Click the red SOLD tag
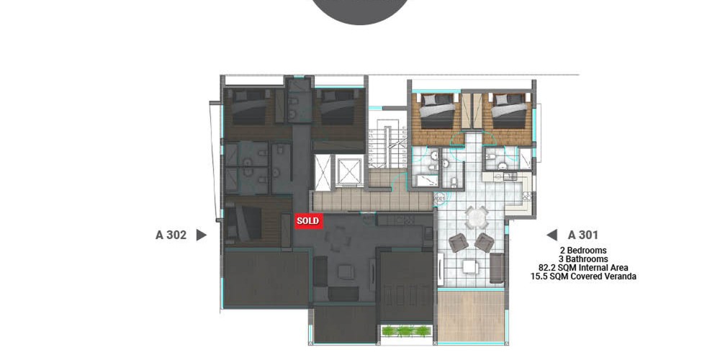tap(309, 221)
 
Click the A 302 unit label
tap(171, 235)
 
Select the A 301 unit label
tap(582, 235)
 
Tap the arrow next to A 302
tap(201, 235)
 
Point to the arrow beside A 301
tap(552, 235)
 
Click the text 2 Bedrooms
tap(583, 251)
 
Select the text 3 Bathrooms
tap(583, 259)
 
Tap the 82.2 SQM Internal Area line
tap(583, 268)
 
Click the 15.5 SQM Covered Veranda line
tap(583, 277)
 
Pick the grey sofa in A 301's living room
tap(497, 268)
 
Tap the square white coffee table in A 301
tap(471, 267)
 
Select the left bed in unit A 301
tap(437, 111)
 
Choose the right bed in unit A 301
tap(508, 111)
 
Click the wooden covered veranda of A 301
tap(470, 316)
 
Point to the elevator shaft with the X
tap(323, 172)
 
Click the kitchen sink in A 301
tap(509, 176)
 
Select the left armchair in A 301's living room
tap(458, 243)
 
